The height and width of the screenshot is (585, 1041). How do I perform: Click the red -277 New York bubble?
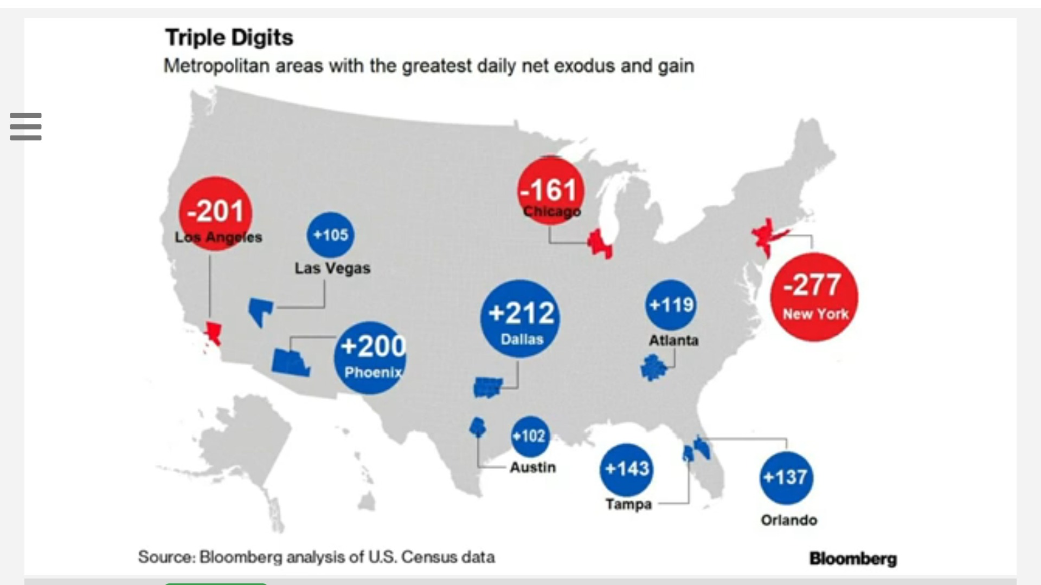coord(814,297)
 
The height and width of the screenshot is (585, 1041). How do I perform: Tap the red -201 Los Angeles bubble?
coord(216,212)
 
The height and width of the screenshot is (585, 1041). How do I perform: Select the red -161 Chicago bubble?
coord(551,191)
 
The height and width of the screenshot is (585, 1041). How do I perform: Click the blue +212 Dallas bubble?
coord(520,318)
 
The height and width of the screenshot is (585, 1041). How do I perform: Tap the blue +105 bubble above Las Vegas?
coord(331,235)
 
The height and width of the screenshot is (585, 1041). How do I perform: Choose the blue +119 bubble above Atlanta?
coord(671,304)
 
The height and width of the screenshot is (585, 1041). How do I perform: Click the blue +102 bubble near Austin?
coord(530,436)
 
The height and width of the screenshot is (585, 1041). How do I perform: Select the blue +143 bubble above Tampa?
coord(627,469)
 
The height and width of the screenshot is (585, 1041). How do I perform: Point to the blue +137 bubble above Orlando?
coord(786,478)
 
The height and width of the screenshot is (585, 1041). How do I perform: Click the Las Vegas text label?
coord(332,268)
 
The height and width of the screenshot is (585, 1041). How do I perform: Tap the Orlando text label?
coord(789,520)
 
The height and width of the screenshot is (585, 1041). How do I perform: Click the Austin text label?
coord(532,467)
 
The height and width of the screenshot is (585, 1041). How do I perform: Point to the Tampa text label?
coord(628,504)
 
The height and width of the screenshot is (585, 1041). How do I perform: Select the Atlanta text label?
coord(674,340)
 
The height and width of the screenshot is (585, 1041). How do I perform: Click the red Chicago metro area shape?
coord(600,244)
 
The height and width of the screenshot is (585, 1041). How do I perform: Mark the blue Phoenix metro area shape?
coord(290,362)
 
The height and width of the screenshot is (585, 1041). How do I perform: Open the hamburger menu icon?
coord(25,126)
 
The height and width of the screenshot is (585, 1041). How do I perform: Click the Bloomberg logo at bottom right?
coord(853,558)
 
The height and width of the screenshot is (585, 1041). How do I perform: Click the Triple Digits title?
coord(229,37)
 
